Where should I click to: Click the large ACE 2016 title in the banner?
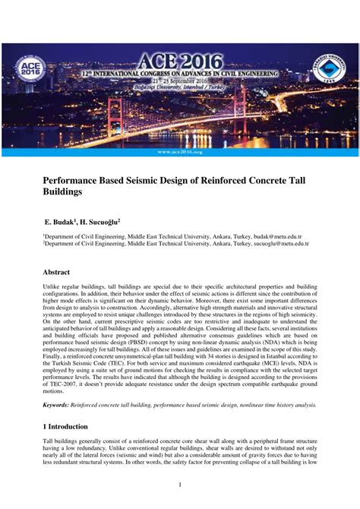181,61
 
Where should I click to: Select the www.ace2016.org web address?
180,152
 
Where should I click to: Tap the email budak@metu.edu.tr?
277,237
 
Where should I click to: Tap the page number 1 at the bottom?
180,485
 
